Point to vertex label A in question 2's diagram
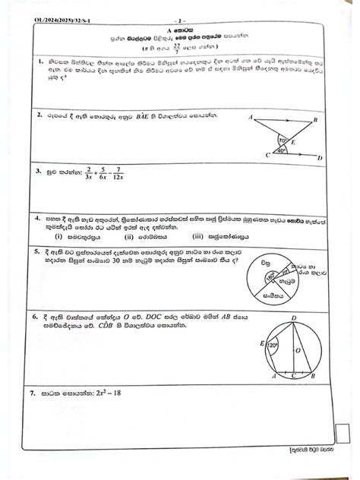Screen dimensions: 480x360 [250, 118]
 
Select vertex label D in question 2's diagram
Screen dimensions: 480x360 [319, 158]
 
